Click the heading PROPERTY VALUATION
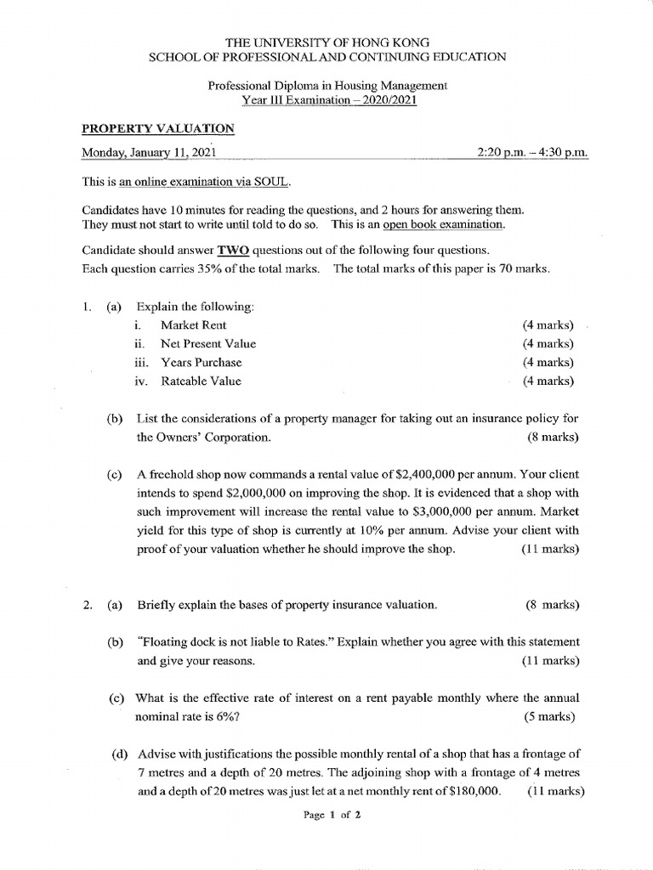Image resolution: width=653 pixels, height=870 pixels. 158,128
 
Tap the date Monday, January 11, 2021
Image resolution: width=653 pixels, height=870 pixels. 149,153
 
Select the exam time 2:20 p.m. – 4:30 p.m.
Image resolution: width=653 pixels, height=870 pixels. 533,153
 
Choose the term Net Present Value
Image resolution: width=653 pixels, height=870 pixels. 207,343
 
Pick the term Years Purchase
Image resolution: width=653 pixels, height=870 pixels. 201,362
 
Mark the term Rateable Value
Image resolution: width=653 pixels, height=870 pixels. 201,381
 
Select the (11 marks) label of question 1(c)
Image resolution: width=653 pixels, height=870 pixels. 550,549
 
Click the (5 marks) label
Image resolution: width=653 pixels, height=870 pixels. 550,716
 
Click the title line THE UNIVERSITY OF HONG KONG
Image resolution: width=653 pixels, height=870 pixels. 326,41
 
